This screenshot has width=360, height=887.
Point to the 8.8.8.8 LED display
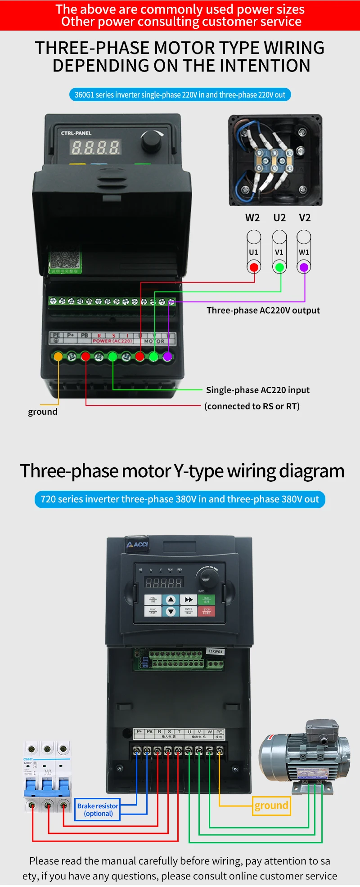pyautogui.click(x=95, y=147)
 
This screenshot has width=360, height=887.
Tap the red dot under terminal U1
pyautogui.click(x=254, y=268)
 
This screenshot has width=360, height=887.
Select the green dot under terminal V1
pyautogui.click(x=279, y=268)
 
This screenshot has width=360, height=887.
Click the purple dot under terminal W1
pyautogui.click(x=304, y=268)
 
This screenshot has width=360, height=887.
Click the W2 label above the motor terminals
pyautogui.click(x=252, y=218)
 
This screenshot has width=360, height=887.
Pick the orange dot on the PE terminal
pyautogui.click(x=58, y=357)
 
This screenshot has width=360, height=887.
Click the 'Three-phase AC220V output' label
pyautogui.click(x=263, y=310)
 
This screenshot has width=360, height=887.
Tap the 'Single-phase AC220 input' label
pyautogui.click(x=258, y=390)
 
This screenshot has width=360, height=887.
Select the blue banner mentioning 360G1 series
pyautogui.click(x=180, y=95)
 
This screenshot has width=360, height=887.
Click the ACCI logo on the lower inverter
pyautogui.click(x=138, y=545)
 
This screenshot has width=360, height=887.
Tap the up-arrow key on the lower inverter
pyautogui.click(x=171, y=600)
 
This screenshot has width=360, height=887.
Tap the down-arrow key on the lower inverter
pyautogui.click(x=171, y=611)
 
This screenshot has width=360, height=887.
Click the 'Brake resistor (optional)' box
pyautogui.click(x=98, y=810)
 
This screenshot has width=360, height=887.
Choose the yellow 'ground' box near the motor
pyautogui.click(x=271, y=806)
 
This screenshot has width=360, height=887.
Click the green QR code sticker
pyautogui.click(x=65, y=261)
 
